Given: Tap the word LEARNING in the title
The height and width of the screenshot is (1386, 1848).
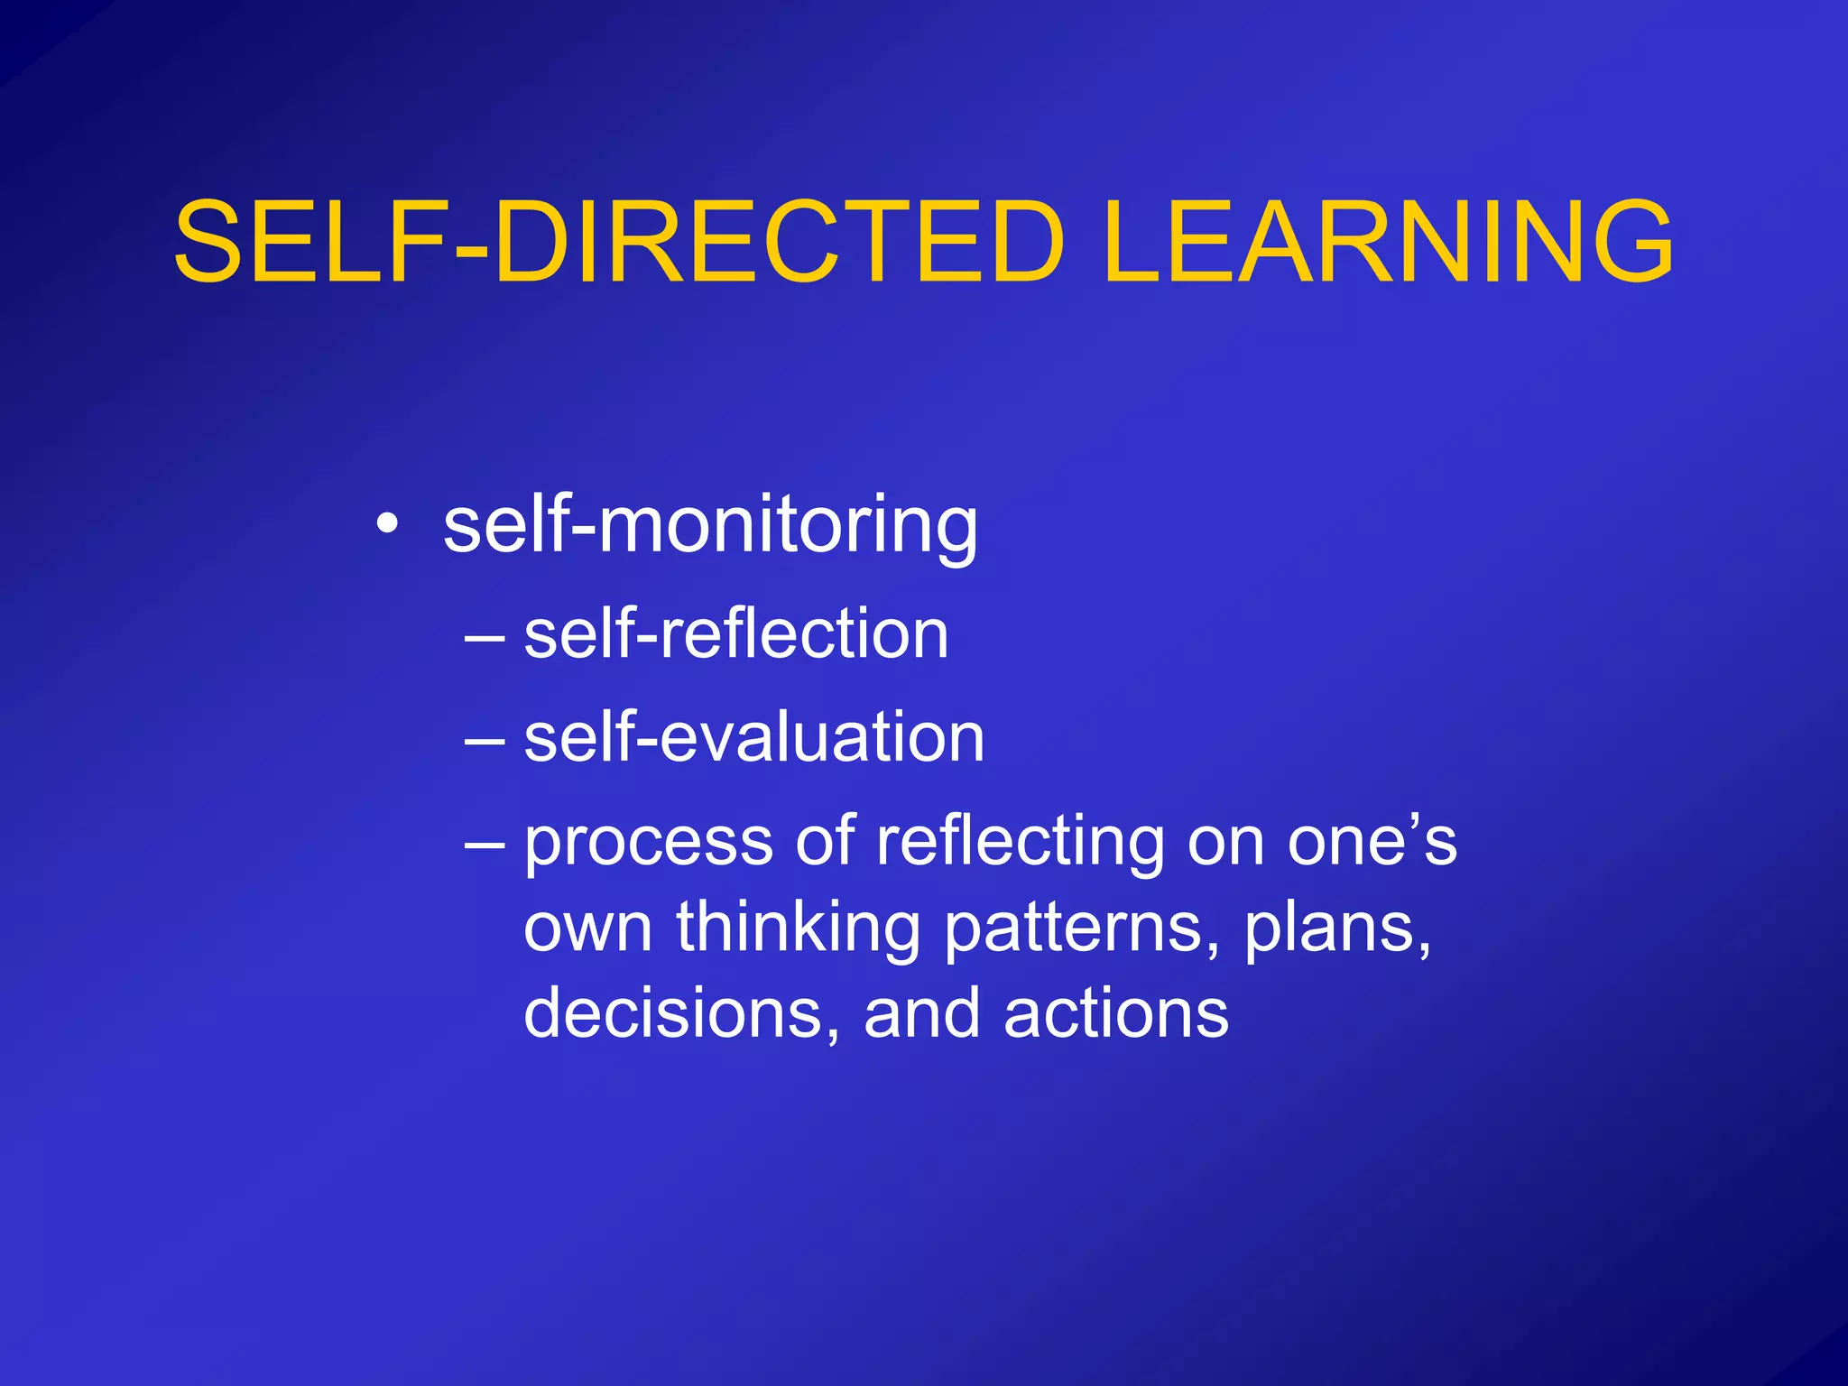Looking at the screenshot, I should [x=1388, y=242].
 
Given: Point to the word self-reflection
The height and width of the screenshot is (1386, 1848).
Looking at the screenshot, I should [x=735, y=633].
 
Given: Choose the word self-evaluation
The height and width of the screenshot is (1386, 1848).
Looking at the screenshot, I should [x=753, y=737].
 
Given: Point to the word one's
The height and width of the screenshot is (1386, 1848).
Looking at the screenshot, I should [x=1372, y=841].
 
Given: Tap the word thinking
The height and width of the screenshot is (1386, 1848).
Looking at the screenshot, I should [x=799, y=929].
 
